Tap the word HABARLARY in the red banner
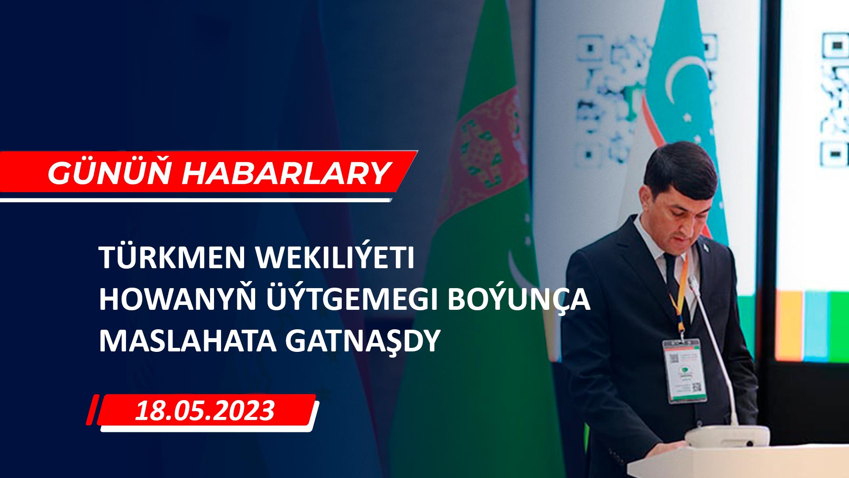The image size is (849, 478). pyautogui.click(x=286, y=173)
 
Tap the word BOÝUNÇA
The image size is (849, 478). pyautogui.click(x=519, y=299)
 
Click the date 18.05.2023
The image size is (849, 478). pyautogui.click(x=205, y=411)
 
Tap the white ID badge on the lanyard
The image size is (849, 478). pyautogui.click(x=684, y=370)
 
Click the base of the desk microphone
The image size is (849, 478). pyautogui.click(x=727, y=436)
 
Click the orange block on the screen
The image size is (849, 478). pyautogui.click(x=789, y=325)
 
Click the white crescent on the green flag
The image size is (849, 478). pyautogui.click(x=517, y=272)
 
